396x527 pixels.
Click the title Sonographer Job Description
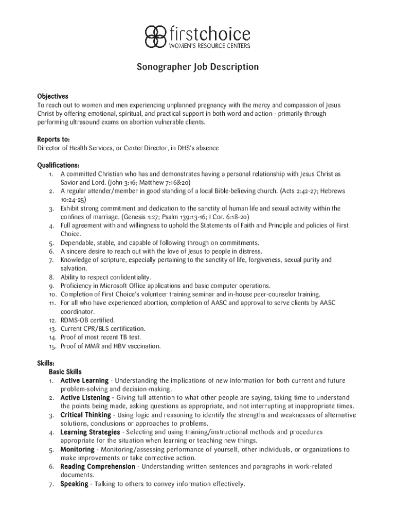pos(197,67)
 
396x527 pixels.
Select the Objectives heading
pos(52,96)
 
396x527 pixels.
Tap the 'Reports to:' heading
pos(53,139)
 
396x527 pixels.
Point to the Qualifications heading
pos(58,165)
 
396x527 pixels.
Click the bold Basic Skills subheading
pos(65,372)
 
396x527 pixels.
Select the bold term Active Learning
pos(84,381)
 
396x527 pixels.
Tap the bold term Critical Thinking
pos(85,415)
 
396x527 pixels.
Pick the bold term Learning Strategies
pos(90,432)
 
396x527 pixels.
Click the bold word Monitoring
pos(77,449)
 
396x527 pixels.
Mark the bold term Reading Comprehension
pos(98,467)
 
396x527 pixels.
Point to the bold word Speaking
pos(74,484)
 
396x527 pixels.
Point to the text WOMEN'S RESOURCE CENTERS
pos(210,46)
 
